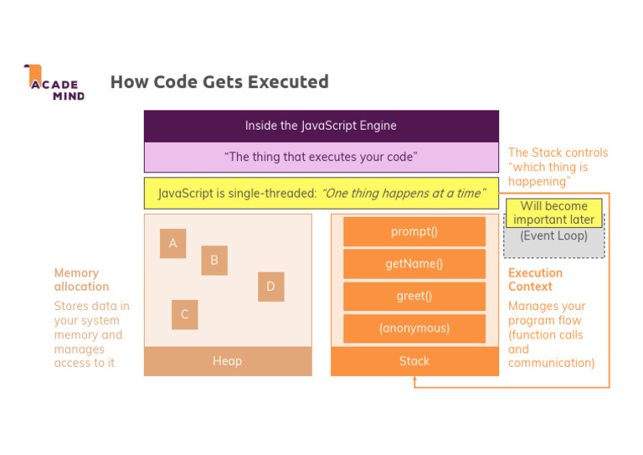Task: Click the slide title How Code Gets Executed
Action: coord(219,82)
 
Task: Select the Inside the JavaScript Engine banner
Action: coord(321,126)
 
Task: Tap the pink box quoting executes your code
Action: coord(321,157)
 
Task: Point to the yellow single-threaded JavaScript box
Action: coord(321,194)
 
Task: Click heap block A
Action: coord(173,244)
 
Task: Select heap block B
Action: coord(214,261)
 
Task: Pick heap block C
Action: coord(185,315)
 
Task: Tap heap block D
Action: coord(270,287)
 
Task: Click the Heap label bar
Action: coord(228,361)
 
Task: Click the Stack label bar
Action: coord(414,361)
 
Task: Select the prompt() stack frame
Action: coord(414,232)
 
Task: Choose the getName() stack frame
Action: coord(414,264)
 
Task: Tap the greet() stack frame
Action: coord(414,296)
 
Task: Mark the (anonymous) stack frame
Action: coord(414,328)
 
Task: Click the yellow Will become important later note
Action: coord(553,213)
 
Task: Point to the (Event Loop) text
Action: coord(553,236)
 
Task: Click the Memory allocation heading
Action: coord(81,280)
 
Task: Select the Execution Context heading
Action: coord(535,280)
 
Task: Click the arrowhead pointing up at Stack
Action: coord(414,380)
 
